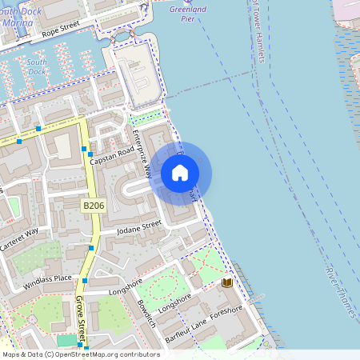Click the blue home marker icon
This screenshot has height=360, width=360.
point(180,172)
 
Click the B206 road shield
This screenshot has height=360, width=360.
point(94,206)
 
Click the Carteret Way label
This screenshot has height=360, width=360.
point(20,239)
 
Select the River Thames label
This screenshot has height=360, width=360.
point(339,291)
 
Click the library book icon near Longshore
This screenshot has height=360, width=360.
point(227,283)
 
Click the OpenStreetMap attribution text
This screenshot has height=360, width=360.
point(81,354)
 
